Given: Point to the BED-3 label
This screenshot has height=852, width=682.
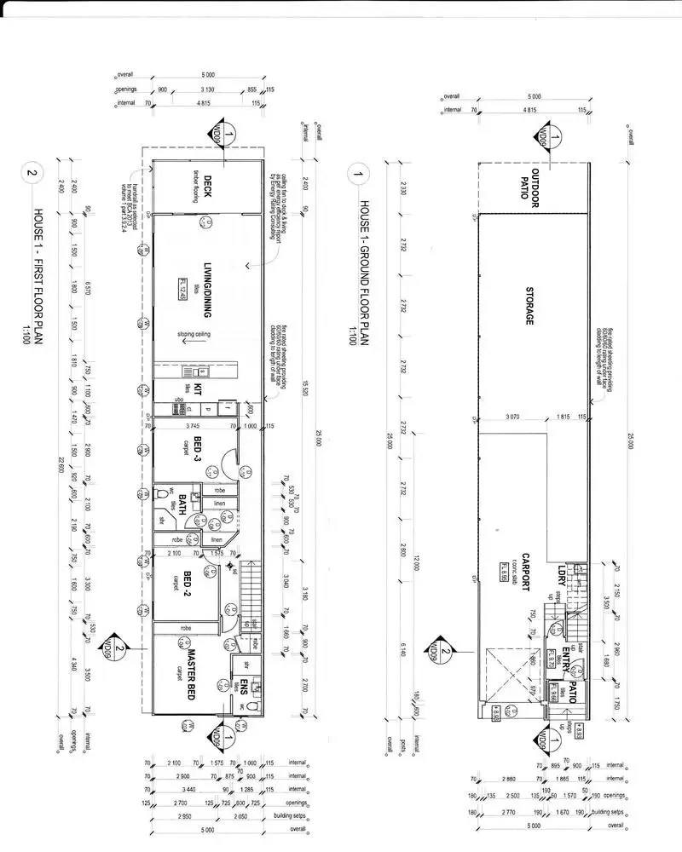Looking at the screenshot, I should click(198, 446).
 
